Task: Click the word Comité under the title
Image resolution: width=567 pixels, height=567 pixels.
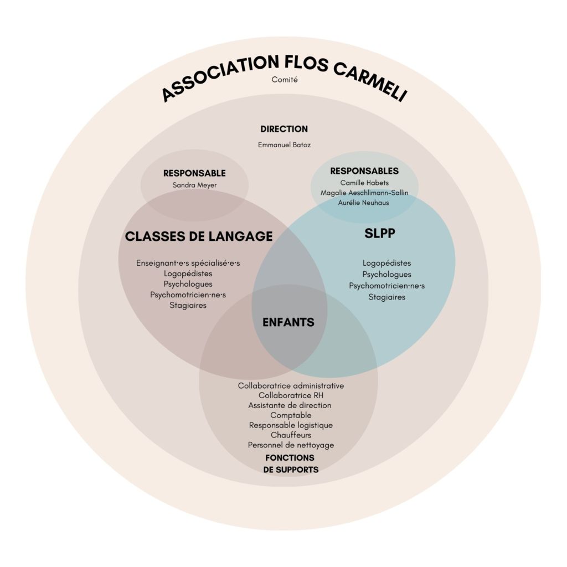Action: tap(285, 80)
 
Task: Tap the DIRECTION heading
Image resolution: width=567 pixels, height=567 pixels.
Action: tap(284, 129)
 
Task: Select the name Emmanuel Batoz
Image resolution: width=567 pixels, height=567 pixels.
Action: tap(284, 145)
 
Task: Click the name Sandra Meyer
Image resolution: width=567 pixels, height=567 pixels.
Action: tap(194, 185)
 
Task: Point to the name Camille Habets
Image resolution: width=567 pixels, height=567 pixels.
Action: tap(364, 183)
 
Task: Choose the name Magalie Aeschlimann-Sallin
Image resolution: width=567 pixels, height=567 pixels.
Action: tap(364, 193)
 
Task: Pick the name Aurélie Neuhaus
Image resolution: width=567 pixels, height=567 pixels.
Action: tap(364, 203)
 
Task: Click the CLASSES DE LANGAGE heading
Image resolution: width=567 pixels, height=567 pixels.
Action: tap(199, 236)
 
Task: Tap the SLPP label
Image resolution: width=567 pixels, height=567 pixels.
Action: tap(380, 234)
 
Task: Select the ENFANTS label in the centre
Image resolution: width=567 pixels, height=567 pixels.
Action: tap(288, 322)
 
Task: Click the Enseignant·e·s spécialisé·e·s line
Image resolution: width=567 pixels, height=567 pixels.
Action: tap(188, 263)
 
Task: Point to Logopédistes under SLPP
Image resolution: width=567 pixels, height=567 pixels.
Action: tap(387, 263)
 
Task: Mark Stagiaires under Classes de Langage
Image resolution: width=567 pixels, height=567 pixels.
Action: tap(188, 305)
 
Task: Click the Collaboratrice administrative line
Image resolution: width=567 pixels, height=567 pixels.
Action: tap(291, 385)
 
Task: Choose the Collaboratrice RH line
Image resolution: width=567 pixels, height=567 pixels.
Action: tap(291, 395)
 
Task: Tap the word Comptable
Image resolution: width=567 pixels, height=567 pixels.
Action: tap(291, 415)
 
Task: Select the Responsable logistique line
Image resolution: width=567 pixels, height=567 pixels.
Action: tap(291, 425)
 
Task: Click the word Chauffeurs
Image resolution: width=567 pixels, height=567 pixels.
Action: tap(291, 435)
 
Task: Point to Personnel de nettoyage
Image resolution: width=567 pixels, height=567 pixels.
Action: tap(291, 445)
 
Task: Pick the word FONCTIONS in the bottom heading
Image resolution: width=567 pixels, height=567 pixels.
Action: tap(290, 458)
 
